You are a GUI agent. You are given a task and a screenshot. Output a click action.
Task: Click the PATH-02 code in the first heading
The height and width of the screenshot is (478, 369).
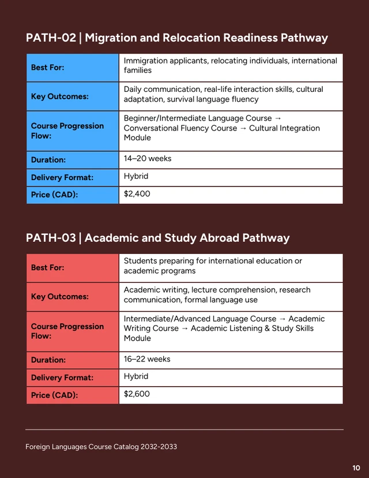pos(51,38)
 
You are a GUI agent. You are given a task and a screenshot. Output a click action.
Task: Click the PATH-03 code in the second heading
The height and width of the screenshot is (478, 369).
pos(51,238)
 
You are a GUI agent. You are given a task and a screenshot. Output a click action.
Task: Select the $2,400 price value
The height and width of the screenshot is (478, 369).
pos(137,194)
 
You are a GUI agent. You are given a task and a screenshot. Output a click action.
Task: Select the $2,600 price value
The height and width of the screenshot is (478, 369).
pos(137,394)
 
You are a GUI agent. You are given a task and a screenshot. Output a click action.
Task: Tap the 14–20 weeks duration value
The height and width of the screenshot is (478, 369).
pos(148,159)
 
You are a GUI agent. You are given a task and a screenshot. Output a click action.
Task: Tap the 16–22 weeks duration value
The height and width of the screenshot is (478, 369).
pos(147,359)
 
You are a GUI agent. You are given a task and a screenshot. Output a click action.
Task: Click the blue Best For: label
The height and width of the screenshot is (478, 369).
pos(47,68)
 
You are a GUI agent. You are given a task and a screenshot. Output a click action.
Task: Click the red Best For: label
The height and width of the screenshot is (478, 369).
pos(47,268)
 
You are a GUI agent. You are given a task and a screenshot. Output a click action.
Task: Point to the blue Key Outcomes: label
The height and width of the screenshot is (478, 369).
pos(59,96)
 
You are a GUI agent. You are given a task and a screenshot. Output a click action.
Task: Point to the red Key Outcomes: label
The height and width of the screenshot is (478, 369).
pos(59,297)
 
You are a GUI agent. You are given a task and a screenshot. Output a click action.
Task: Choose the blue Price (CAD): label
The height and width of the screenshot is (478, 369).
pos(54,195)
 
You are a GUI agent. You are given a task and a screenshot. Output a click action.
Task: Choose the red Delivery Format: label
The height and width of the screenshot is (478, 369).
pos(62,378)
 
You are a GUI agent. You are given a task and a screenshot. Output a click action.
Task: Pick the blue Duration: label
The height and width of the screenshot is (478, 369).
pos(48,160)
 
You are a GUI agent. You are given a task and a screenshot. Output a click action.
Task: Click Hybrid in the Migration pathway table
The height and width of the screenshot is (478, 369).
pos(136,176)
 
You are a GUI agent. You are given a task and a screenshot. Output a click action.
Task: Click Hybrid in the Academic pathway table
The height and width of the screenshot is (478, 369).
pos(136,376)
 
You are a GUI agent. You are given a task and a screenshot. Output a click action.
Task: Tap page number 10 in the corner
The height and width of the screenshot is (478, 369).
pos(356,468)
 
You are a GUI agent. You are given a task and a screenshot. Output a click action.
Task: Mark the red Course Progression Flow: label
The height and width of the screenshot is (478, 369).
pos(67,331)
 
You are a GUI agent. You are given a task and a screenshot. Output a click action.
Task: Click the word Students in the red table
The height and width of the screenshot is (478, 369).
pos(140,261)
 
